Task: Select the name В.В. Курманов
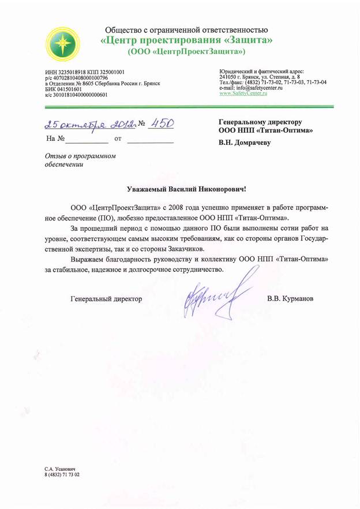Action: coord(290,300)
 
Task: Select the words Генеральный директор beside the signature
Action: coord(106,300)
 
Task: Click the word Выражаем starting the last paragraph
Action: coord(88,260)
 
